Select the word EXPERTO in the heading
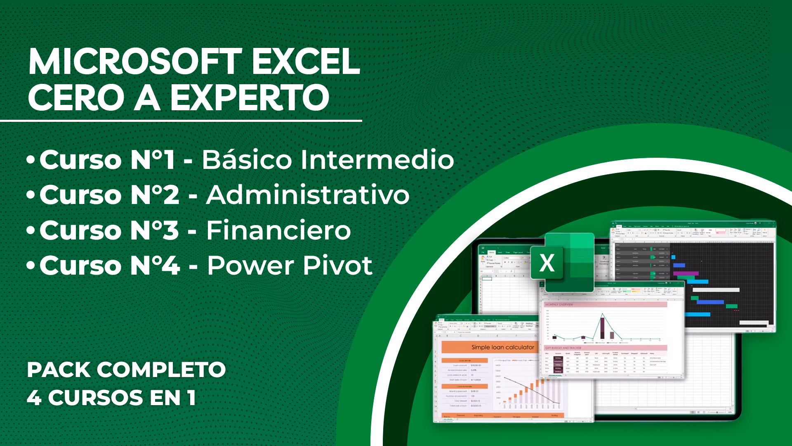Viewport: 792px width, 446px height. (x=250, y=98)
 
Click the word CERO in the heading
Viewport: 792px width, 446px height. (x=76, y=98)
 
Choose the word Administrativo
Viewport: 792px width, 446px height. (x=308, y=195)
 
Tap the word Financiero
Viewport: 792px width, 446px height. (x=278, y=230)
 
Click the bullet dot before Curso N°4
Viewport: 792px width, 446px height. (x=31, y=266)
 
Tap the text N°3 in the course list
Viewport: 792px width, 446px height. (x=155, y=230)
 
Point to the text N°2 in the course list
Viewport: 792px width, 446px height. (x=155, y=195)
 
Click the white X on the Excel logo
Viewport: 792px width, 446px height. (x=547, y=263)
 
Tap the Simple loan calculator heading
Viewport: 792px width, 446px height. (x=502, y=347)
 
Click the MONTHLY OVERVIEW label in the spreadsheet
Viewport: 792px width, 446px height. (x=559, y=304)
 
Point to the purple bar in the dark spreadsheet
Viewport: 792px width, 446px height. (x=686, y=273)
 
